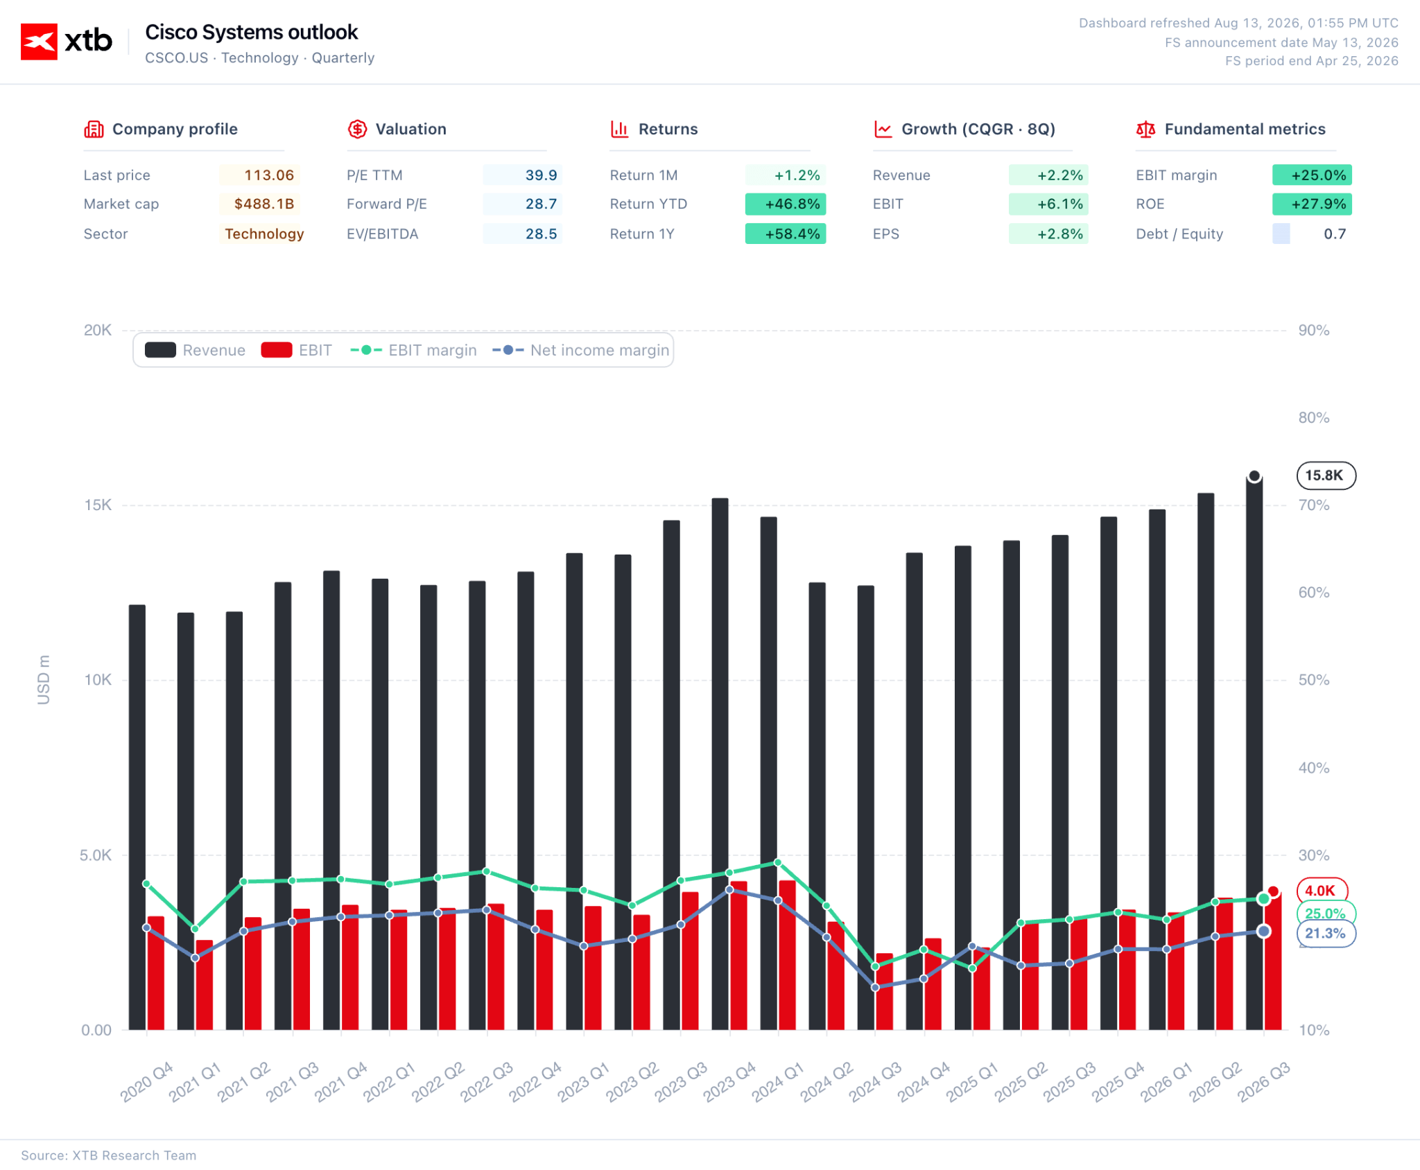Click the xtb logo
pyautogui.click(x=67, y=42)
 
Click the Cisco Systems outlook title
pyautogui.click(x=252, y=33)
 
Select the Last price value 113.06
pyautogui.click(x=269, y=175)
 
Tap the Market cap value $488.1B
pyautogui.click(x=264, y=204)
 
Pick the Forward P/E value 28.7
pyautogui.click(x=541, y=204)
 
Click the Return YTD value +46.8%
pyautogui.click(x=793, y=204)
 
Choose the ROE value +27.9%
pyautogui.click(x=1318, y=204)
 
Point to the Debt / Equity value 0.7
pyautogui.click(x=1335, y=234)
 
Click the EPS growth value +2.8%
pyautogui.click(x=1059, y=234)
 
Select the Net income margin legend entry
pyautogui.click(x=581, y=350)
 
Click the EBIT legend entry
pyautogui.click(x=297, y=350)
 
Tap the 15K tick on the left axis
pyautogui.click(x=98, y=505)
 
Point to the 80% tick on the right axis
pyautogui.click(x=1314, y=417)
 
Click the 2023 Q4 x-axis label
pyautogui.click(x=730, y=1081)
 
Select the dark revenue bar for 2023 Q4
pyautogui.click(x=720, y=764)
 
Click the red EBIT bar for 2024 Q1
pyautogui.click(x=787, y=955)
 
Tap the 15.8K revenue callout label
pyautogui.click(x=1326, y=475)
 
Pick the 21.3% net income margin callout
pyautogui.click(x=1326, y=933)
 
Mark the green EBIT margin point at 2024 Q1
pyautogui.click(x=778, y=863)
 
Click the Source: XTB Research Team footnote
pyautogui.click(x=109, y=1155)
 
